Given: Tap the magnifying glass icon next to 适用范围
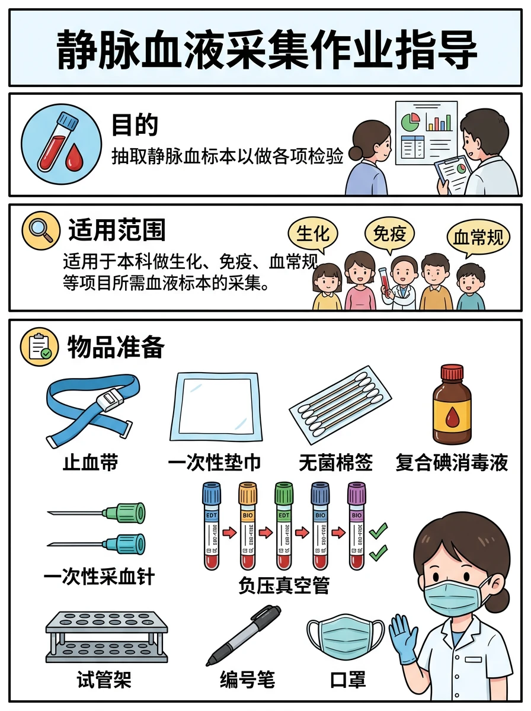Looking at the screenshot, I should (40, 230).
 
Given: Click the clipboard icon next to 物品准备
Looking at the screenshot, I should (40, 346).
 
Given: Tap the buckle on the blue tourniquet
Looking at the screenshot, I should (110, 401).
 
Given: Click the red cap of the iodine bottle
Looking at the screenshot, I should (452, 373).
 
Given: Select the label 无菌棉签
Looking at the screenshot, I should (335, 463).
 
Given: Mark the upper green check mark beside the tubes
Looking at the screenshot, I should (378, 530).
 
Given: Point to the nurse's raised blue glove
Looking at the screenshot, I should (404, 637).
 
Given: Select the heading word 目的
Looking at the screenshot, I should (135, 126).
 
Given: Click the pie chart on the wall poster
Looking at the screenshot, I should (410, 122).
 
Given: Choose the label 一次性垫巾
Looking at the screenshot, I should (215, 463).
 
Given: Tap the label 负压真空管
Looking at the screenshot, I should (284, 587).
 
